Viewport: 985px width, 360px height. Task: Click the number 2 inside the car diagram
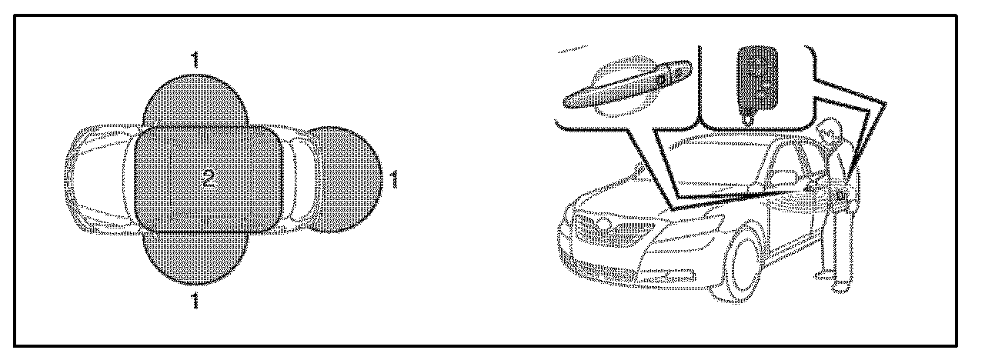pos(209,179)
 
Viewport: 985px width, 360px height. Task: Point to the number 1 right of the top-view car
pos(395,180)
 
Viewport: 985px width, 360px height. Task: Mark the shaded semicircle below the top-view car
pos(195,258)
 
